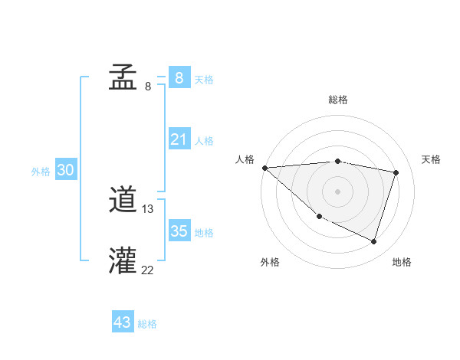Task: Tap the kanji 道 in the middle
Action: click(x=123, y=201)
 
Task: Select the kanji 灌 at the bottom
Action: click(x=123, y=260)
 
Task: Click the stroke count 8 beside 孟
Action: click(x=148, y=87)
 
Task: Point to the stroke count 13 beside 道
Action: click(x=148, y=209)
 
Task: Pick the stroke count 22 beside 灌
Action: click(x=148, y=269)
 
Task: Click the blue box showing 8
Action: click(x=179, y=77)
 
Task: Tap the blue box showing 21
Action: click(x=179, y=139)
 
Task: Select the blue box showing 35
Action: click(x=179, y=231)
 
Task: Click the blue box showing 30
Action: click(x=65, y=171)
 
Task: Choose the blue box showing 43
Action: click(x=123, y=322)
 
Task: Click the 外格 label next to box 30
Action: click(x=41, y=172)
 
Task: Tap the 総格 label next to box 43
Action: click(x=147, y=324)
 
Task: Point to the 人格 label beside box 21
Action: click(x=204, y=141)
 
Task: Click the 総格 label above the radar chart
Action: click(x=338, y=100)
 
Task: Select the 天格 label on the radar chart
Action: click(x=432, y=159)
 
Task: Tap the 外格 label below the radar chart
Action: click(x=270, y=263)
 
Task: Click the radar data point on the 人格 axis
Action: click(x=264, y=168)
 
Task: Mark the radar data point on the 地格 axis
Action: click(x=374, y=242)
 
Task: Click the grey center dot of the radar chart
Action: click(x=338, y=191)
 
